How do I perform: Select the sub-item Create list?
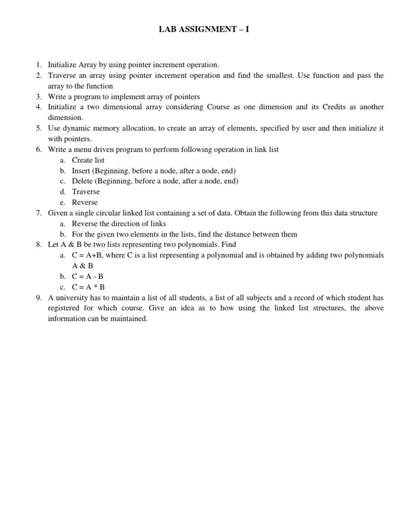(x=88, y=160)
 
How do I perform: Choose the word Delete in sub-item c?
(x=82, y=181)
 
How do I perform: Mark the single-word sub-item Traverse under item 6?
(x=86, y=192)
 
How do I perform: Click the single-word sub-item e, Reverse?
(x=85, y=202)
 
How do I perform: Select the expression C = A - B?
(x=88, y=276)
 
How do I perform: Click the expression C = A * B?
(x=88, y=287)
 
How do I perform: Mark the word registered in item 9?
(x=65, y=308)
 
